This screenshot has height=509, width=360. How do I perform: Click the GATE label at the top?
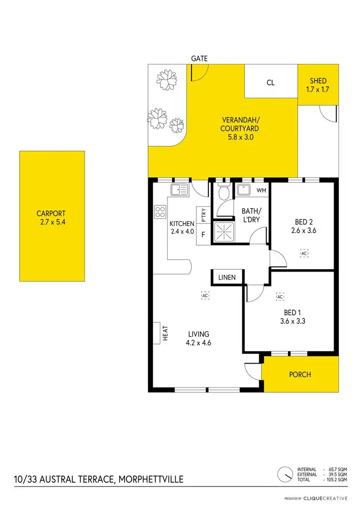[199, 59]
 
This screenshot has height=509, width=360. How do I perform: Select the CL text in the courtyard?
[271, 83]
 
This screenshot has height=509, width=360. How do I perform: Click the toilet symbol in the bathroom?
[223, 194]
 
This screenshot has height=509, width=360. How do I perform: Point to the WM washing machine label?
[262, 190]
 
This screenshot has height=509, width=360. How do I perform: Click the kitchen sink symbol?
[180, 190]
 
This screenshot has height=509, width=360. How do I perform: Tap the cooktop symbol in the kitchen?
[160, 212]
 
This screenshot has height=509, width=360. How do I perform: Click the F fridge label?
[203, 235]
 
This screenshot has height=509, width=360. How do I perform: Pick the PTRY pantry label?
[204, 214]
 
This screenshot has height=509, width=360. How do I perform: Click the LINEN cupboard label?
[227, 278]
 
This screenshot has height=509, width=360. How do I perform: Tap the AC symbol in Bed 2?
[303, 252]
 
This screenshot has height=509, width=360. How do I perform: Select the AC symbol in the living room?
[205, 296]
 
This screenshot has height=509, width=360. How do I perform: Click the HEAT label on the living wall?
[164, 333]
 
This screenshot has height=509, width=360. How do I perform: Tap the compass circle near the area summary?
[286, 474]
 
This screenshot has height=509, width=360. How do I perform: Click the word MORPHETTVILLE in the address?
[144, 479]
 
